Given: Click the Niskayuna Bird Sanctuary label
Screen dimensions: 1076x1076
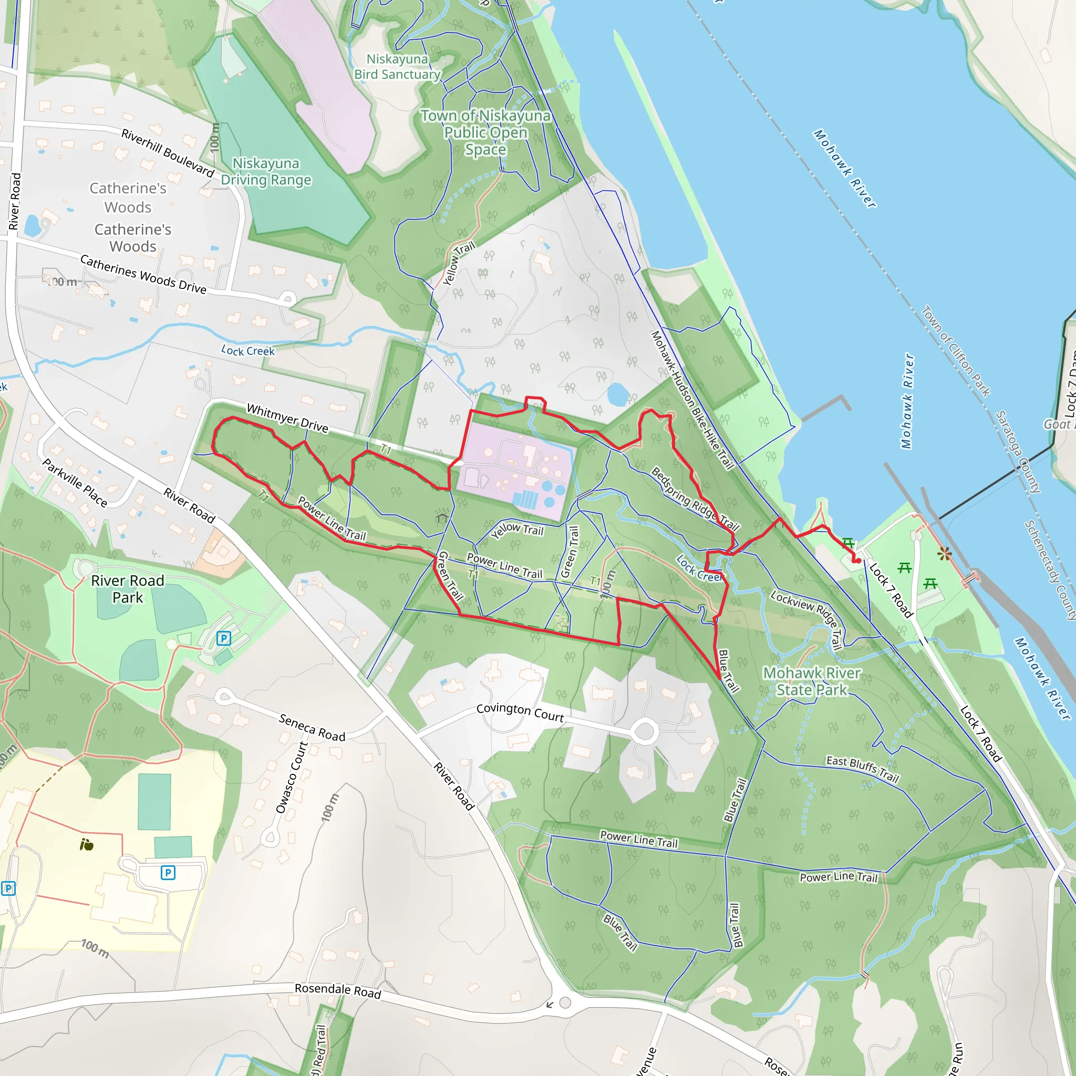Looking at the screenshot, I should [x=397, y=67].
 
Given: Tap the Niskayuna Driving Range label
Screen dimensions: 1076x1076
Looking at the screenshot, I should [x=266, y=171].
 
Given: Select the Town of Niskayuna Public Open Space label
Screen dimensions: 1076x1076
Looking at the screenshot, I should [x=485, y=132].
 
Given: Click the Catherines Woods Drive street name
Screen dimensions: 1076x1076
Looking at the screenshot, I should [x=143, y=274].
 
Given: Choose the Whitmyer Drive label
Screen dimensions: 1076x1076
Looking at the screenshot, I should [x=287, y=418].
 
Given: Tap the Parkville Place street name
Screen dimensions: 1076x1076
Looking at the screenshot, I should [x=75, y=482].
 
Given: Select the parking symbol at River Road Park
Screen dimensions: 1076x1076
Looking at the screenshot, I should [x=223, y=638].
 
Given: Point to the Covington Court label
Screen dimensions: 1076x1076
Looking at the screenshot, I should [x=520, y=712].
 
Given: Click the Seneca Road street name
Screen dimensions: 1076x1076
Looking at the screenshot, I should [x=312, y=728].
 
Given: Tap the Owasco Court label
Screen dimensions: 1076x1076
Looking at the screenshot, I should [x=291, y=778].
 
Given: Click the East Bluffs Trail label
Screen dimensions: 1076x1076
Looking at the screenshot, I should [x=862, y=769].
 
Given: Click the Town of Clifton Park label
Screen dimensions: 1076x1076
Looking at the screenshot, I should [x=955, y=351].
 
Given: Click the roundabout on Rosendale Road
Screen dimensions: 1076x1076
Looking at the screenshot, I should [x=565, y=1003].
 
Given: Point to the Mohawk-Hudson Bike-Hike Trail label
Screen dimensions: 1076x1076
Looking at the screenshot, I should [x=692, y=399].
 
